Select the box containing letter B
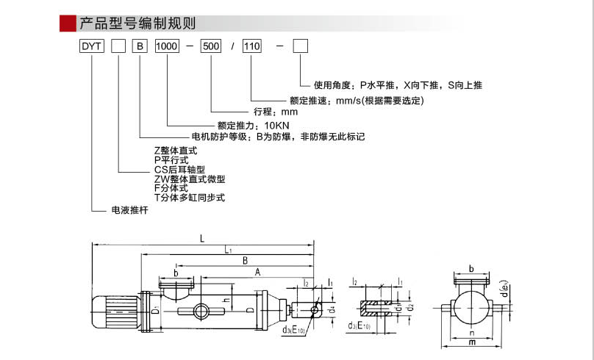coord(140,46)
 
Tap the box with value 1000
coord(167,46)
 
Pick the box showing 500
coord(211,46)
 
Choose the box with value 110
coord(252,46)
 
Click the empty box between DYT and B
coord(118,46)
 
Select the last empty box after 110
coord(301,46)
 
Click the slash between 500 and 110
coord(232,46)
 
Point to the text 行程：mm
coord(276,112)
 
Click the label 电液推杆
coord(129,211)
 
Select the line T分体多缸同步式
coord(189,198)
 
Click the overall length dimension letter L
coord(201,237)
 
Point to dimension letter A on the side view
coord(257,271)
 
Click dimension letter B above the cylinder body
coord(244,260)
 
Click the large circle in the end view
coord(470,309)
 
